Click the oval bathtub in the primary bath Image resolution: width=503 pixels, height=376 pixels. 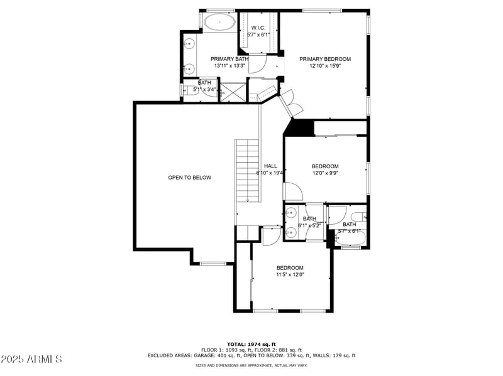pyautogui.click(x=219, y=22)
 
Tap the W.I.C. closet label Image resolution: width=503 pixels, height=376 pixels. pyautogui.click(x=258, y=28)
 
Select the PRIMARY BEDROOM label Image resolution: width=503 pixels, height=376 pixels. pyautogui.click(x=324, y=59)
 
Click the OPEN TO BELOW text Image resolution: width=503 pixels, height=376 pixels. pyautogui.click(x=189, y=178)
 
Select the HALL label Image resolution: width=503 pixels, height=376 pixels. pyautogui.click(x=270, y=166)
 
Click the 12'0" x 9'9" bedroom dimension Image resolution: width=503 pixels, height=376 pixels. pyautogui.click(x=325, y=173)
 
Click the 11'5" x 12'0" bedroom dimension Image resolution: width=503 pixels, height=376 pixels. pyautogui.click(x=290, y=274)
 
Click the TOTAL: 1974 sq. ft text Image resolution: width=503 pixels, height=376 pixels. pyautogui.click(x=251, y=344)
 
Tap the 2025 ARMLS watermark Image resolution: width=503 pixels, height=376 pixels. pyautogui.click(x=31, y=359)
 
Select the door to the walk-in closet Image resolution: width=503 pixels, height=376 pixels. pyautogui.click(x=257, y=64)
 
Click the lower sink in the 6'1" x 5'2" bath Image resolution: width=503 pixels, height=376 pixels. pyautogui.click(x=290, y=232)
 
